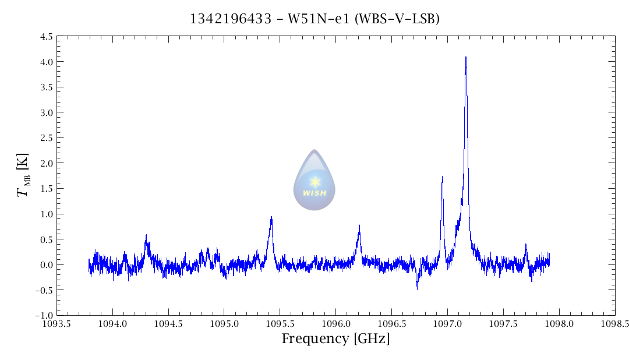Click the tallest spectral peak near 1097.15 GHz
[466, 58]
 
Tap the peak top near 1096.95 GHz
[442, 177]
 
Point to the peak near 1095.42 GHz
[271, 217]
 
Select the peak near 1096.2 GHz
[359, 225]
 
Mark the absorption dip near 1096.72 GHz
[417, 287]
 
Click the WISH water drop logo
[314, 180]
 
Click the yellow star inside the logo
[314, 181]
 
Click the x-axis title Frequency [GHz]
[335, 339]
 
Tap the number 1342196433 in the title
[231, 19]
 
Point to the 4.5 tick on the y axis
[45, 37]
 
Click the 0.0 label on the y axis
[45, 265]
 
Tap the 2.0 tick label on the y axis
[45, 163]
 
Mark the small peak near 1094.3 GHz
[146, 235]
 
